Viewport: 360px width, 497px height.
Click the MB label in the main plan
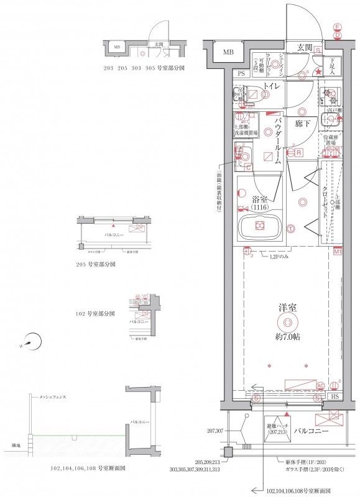pos(229,52)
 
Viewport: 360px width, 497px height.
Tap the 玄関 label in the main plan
pos(305,47)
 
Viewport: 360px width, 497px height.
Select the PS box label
pos(242,73)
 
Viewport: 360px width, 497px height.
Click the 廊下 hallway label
pos(303,124)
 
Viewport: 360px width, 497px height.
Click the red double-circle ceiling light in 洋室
pos(287,321)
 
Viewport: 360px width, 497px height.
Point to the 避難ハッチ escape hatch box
pos(277,429)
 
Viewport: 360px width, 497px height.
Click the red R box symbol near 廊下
pos(299,152)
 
